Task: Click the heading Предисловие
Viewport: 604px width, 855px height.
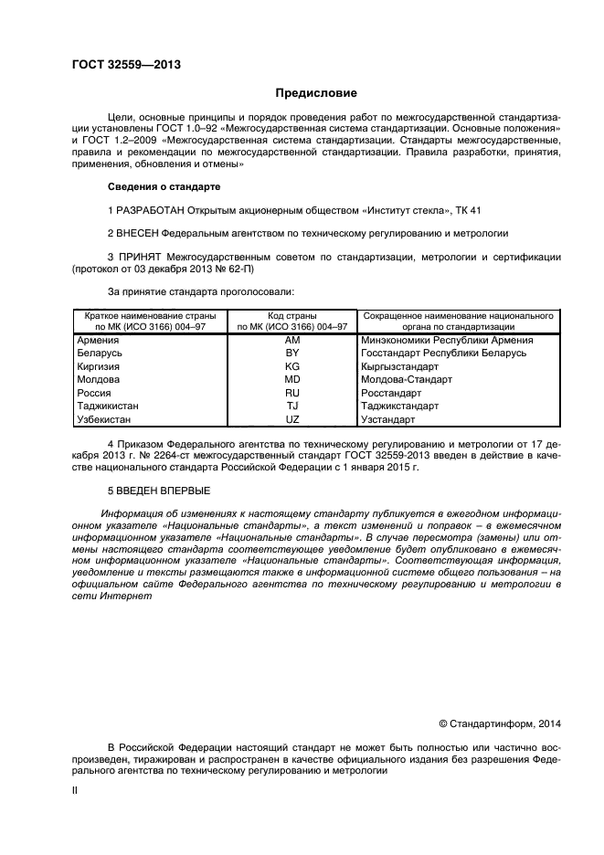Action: tap(316, 93)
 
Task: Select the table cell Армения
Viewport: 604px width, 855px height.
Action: tap(101, 340)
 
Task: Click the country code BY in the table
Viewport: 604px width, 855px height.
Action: tap(292, 353)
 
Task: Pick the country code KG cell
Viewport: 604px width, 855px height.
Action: tap(292, 365)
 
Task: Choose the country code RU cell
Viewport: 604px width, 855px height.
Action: tap(292, 392)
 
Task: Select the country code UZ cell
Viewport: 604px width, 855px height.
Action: tap(292, 418)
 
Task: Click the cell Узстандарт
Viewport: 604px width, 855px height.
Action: tap(389, 418)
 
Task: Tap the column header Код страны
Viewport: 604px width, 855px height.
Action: tap(292, 314)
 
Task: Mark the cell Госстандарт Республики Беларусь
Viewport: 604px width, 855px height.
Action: tap(432, 353)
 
